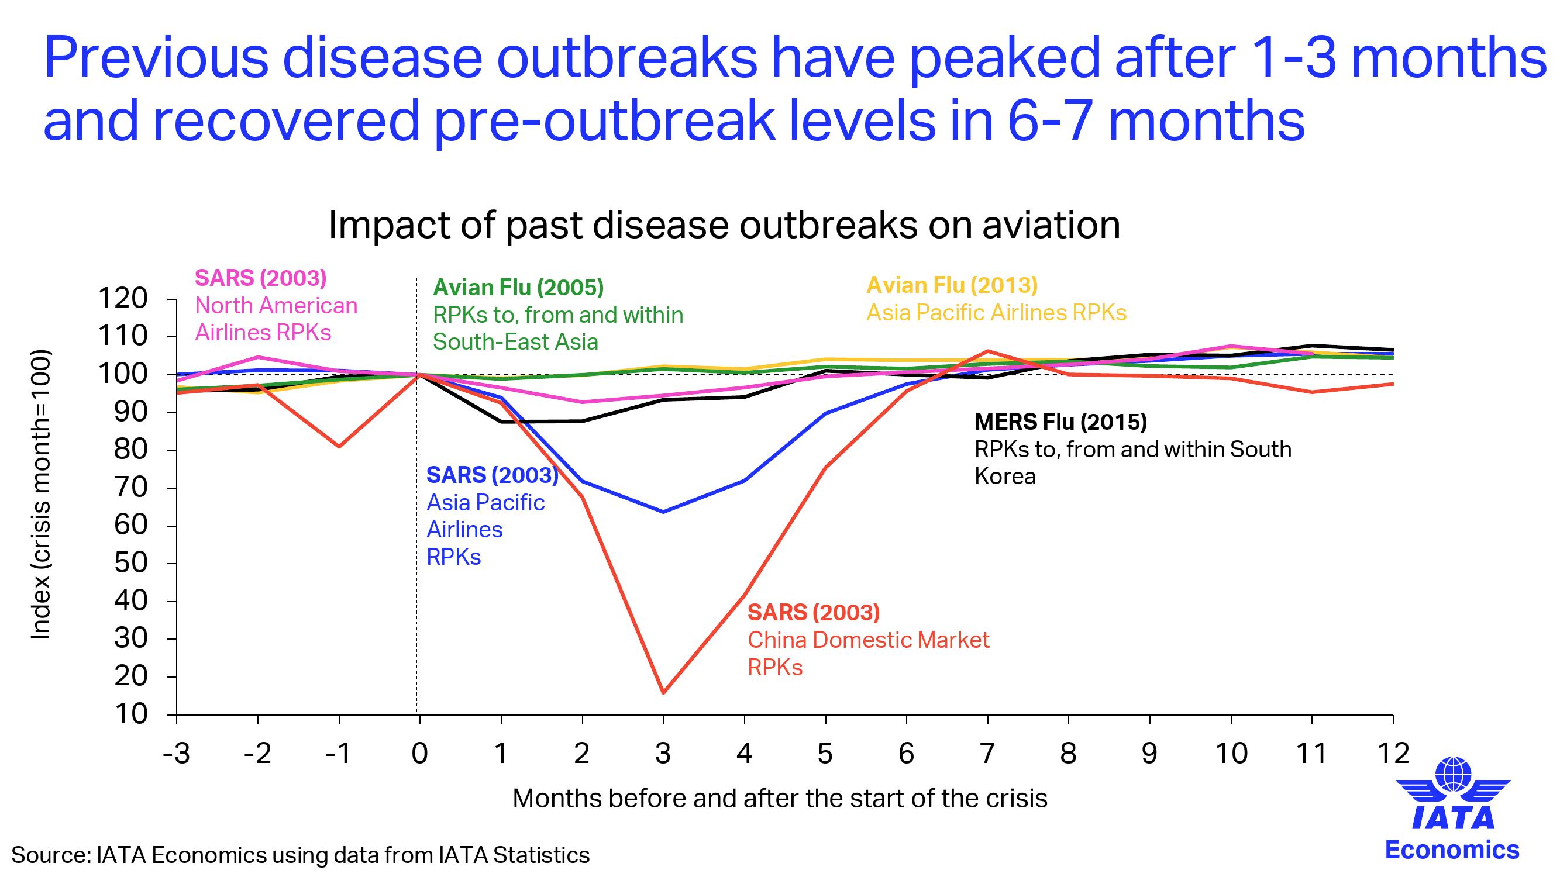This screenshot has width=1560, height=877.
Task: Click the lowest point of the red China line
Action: pos(663,692)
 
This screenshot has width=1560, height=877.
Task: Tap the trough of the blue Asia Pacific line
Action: pos(663,512)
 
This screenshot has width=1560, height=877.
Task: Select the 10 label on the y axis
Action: pos(131,714)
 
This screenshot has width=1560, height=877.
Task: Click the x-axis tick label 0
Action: pos(419,754)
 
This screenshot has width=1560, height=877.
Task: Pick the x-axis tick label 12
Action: pos(1393,754)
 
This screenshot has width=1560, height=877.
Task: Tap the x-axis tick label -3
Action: pos(175,754)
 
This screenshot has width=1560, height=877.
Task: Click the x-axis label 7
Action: pos(987,754)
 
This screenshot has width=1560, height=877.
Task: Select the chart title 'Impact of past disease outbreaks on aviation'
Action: pos(724,225)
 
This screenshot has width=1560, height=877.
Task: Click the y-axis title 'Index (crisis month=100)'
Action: pos(40,494)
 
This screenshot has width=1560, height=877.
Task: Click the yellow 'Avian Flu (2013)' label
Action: pos(952,285)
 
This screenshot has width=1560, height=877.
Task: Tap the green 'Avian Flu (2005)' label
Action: pos(518,288)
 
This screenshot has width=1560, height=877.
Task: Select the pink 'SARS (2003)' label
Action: pos(260,278)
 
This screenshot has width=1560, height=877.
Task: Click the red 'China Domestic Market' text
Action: pos(869,640)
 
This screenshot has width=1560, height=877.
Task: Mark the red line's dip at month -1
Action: pos(339,447)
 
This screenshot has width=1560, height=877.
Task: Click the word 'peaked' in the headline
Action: pos(1004,57)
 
